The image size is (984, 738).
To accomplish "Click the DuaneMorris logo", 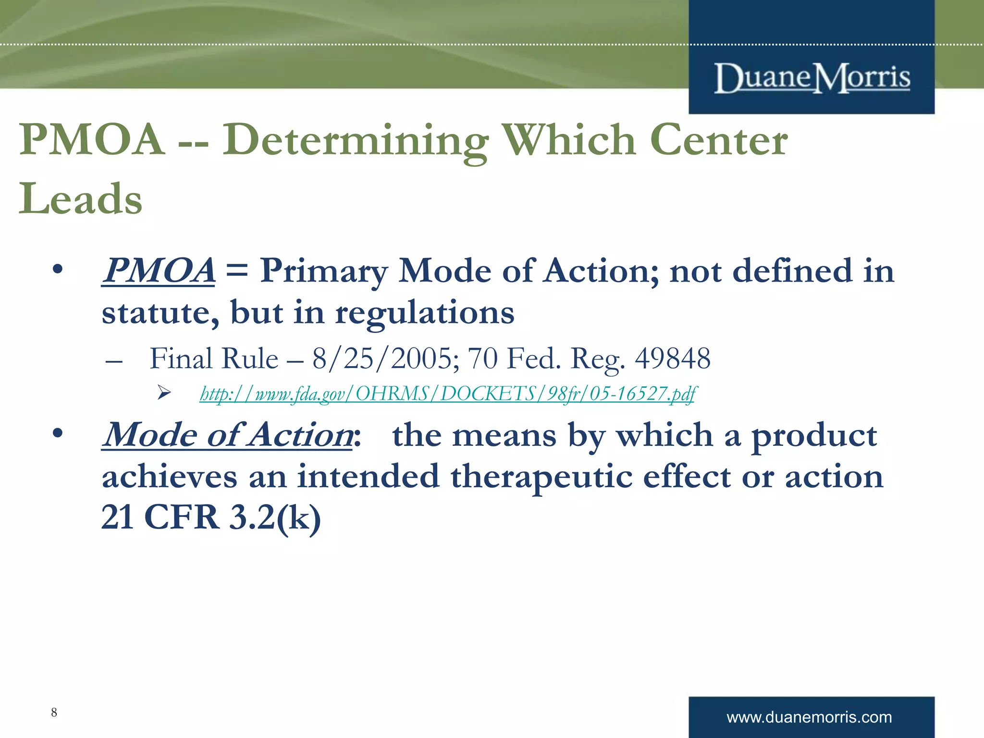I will click(x=812, y=78).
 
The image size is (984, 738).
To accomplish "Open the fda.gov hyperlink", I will click(x=447, y=394).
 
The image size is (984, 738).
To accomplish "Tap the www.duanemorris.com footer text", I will click(x=809, y=717).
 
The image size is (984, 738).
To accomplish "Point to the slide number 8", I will click(x=54, y=712).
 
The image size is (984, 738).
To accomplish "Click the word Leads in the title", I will click(x=81, y=199).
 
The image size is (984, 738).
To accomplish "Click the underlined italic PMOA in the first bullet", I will click(x=158, y=271).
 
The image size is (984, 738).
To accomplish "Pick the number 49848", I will click(x=672, y=359).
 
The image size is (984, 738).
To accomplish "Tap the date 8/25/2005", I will click(x=382, y=359).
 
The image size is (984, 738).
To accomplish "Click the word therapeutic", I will click(x=541, y=477).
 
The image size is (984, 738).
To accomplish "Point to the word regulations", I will click(x=425, y=313).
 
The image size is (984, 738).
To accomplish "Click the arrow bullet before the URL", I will click(x=164, y=394).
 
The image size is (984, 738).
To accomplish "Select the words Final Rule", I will click(x=214, y=359).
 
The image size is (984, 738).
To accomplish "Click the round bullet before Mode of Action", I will click(x=58, y=434).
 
